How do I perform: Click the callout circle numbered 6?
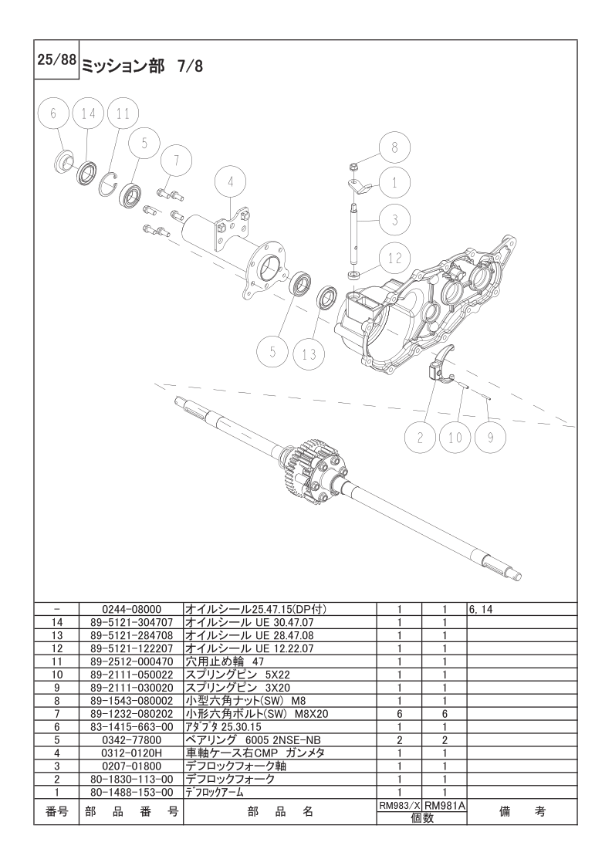(53, 113)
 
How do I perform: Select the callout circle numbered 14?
(88, 113)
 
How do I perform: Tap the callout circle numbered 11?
(122, 113)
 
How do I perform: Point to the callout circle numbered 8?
(394, 147)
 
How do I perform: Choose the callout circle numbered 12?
(394, 259)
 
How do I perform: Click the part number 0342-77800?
(131, 739)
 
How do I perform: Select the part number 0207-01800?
(131, 766)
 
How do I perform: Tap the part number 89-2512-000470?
(131, 661)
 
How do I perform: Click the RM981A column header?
(445, 805)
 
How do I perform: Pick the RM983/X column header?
(399, 805)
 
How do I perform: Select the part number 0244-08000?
(131, 609)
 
